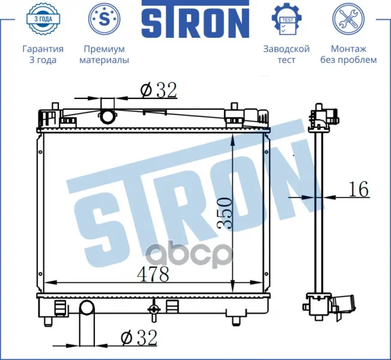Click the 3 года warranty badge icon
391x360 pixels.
(x=43, y=19)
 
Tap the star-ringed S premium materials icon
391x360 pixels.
(x=105, y=19)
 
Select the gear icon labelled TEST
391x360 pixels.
(x=286, y=19)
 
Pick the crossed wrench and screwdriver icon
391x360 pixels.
(x=348, y=19)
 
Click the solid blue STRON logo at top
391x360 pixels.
(x=196, y=19)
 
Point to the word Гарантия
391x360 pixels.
(x=43, y=49)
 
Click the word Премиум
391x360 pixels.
(x=105, y=49)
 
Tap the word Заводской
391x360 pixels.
(x=286, y=49)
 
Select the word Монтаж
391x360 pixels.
(x=348, y=49)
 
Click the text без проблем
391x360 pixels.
(x=348, y=60)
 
